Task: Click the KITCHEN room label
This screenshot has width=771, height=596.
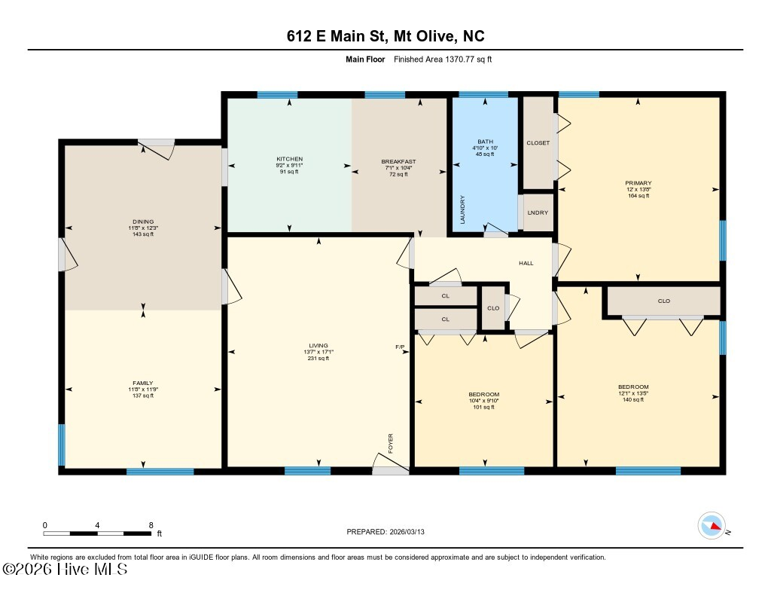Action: (289, 160)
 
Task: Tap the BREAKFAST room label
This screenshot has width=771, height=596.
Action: (398, 161)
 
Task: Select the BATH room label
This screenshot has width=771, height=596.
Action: (483, 142)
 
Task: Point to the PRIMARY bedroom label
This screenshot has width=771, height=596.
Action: (638, 183)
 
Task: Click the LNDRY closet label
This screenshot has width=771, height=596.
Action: (538, 212)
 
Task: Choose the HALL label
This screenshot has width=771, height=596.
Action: (526, 263)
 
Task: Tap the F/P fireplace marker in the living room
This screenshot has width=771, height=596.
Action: (400, 347)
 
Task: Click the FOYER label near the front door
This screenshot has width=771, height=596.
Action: (391, 443)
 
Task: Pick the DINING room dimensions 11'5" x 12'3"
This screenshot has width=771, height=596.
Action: (143, 228)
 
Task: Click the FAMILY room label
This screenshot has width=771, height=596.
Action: (143, 383)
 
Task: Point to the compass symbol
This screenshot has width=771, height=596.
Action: (712, 525)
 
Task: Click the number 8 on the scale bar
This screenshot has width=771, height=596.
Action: (151, 525)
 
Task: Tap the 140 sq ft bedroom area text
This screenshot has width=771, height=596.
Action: (632, 399)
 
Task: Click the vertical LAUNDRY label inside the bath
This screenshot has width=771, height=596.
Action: (463, 209)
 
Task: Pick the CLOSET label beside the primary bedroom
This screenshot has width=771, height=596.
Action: (538, 143)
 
